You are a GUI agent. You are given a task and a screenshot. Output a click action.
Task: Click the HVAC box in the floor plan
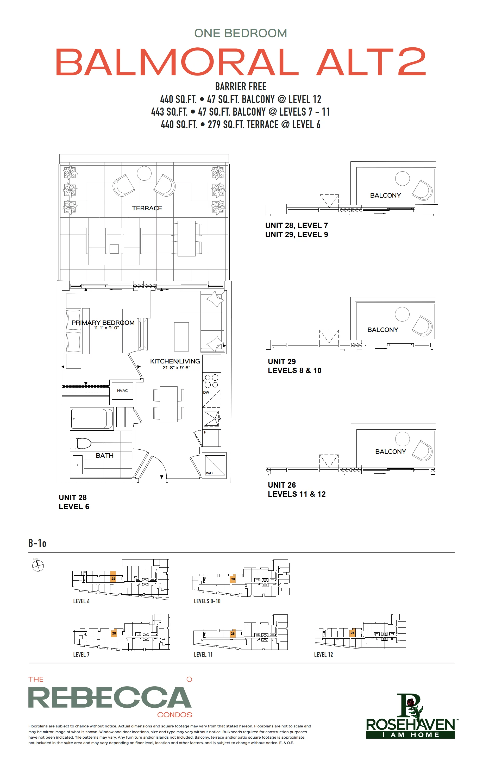[x=122, y=391]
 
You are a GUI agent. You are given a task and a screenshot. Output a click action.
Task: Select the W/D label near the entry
[x=209, y=473]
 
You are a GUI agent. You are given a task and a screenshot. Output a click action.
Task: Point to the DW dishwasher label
[x=206, y=392]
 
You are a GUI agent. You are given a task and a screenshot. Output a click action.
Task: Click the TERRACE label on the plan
[x=147, y=208]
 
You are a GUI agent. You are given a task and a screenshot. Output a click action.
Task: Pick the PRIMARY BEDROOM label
[x=103, y=323]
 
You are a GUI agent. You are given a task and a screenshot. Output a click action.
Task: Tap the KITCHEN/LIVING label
[x=175, y=361]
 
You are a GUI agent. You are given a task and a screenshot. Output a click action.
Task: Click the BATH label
[x=104, y=455]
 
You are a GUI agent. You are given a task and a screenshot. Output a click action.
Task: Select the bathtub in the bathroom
[x=91, y=419]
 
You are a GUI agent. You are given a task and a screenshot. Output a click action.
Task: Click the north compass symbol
[x=38, y=566]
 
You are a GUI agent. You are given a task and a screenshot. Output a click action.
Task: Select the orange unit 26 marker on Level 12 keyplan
[x=352, y=633]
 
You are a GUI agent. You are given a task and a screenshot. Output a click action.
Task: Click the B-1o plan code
[x=37, y=543]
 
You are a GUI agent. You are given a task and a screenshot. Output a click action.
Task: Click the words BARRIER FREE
[x=241, y=87]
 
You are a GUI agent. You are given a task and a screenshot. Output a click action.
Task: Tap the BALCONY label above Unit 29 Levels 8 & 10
[x=383, y=330]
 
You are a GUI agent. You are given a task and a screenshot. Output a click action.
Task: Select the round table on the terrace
[x=144, y=173]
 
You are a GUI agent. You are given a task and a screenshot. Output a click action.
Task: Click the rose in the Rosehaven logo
[x=411, y=701]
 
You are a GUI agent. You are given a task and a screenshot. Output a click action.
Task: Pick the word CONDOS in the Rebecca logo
[x=175, y=714]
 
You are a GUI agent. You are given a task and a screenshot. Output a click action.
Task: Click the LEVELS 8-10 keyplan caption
[x=207, y=601]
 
